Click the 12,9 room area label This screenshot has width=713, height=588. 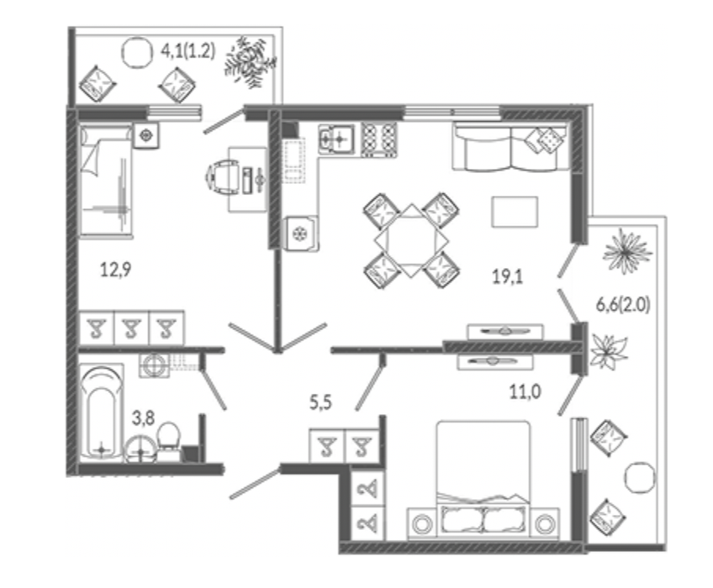(x=115, y=270)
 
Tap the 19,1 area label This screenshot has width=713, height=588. (x=508, y=276)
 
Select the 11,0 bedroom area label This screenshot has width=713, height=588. (x=526, y=391)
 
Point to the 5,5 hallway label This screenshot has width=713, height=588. (x=321, y=402)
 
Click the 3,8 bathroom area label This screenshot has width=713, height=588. (x=143, y=418)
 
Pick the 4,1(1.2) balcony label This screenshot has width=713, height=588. (x=187, y=50)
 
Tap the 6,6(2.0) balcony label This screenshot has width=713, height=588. (x=623, y=304)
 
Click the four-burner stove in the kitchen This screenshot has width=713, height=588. (x=378, y=139)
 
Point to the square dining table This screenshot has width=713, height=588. (x=411, y=240)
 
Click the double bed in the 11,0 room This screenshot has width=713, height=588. (x=483, y=480)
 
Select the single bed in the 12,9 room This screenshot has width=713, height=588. (x=106, y=181)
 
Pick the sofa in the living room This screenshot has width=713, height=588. (x=510, y=148)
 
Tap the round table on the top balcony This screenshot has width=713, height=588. (x=136, y=52)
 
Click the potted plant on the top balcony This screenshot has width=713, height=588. (x=250, y=60)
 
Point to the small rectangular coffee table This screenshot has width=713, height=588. (x=515, y=212)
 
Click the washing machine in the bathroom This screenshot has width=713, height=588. (x=154, y=365)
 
